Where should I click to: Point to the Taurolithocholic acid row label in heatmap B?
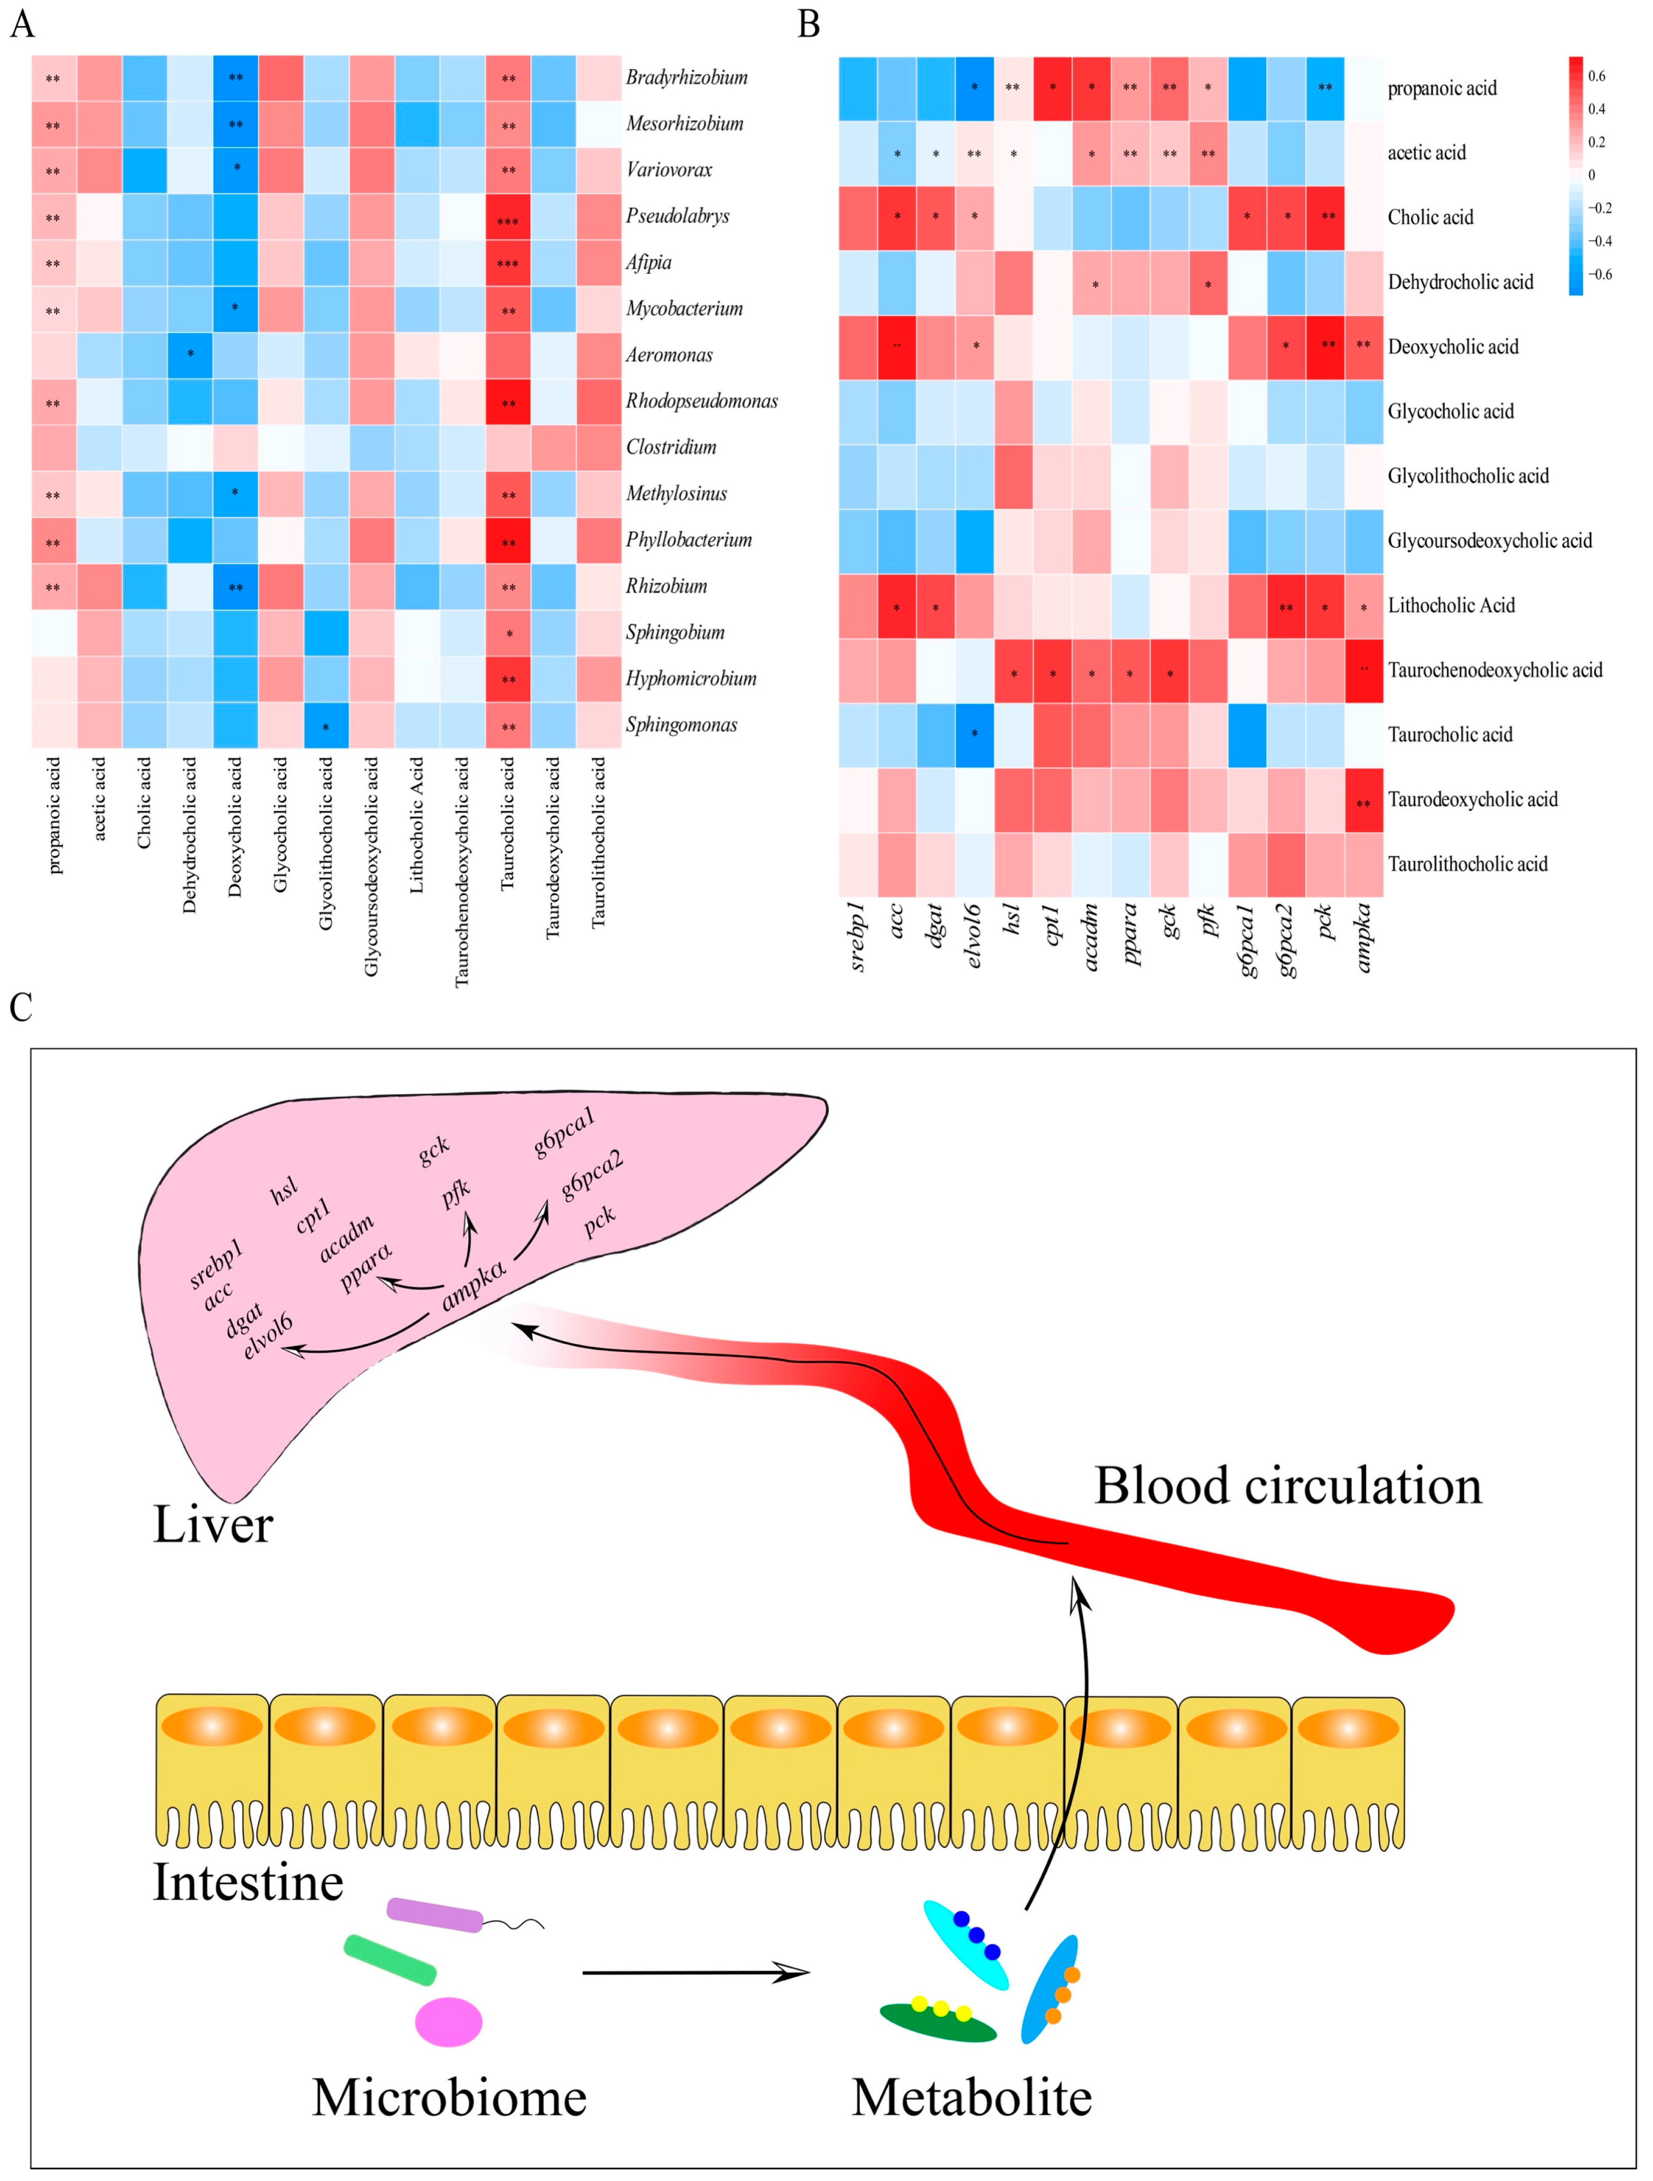1467,864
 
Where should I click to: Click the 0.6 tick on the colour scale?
1596,76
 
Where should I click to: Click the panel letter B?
808,24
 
